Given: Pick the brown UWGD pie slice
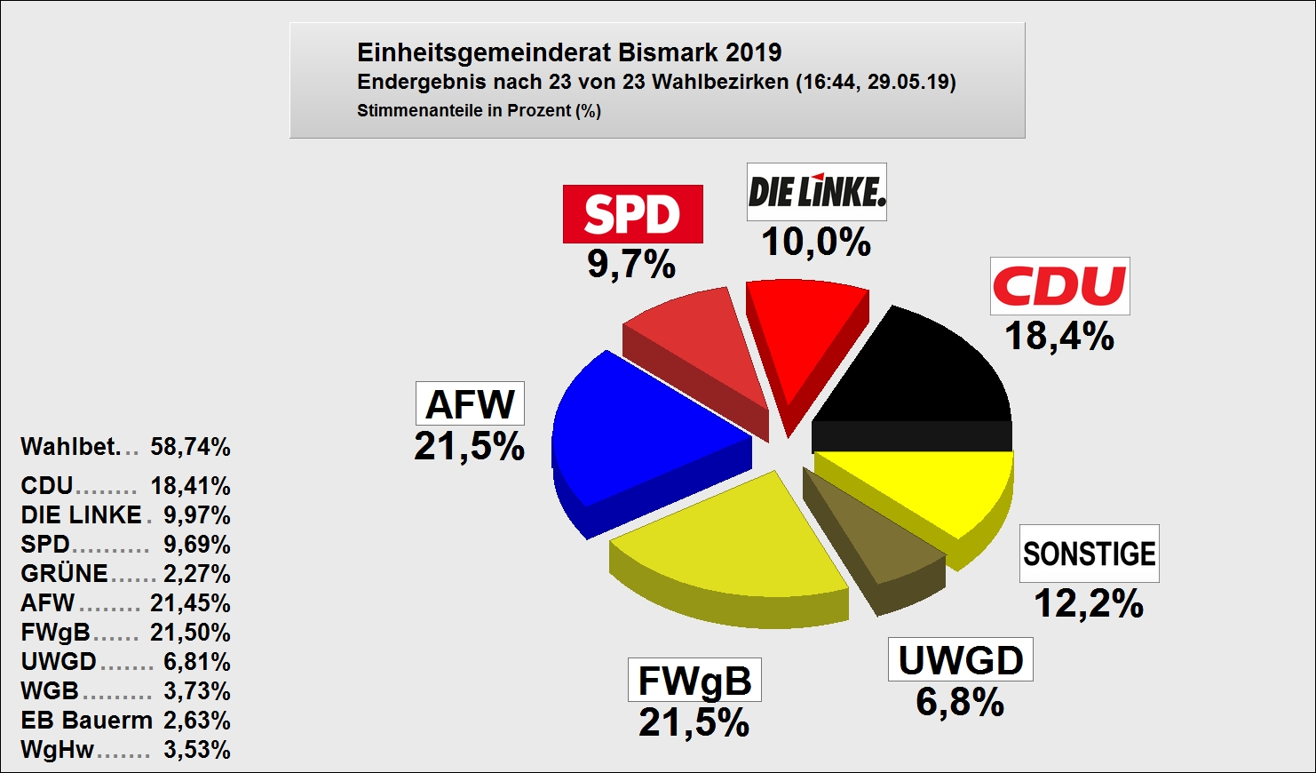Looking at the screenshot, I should [x=866, y=533].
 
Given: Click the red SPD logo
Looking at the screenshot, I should [x=632, y=214].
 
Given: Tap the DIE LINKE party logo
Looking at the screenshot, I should [x=816, y=192].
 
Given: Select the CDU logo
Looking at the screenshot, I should [x=1059, y=286].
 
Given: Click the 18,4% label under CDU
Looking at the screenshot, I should [x=1059, y=337].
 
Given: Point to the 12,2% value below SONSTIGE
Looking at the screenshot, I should [x=1089, y=604].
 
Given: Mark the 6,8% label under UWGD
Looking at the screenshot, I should [x=960, y=703].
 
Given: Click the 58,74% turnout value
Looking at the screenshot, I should [x=190, y=447].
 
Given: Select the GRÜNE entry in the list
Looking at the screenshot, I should [x=65, y=574].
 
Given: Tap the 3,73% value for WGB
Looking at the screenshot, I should [x=197, y=691].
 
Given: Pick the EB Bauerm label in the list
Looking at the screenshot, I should [x=86, y=721].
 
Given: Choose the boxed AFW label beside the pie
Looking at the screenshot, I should [x=470, y=404].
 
